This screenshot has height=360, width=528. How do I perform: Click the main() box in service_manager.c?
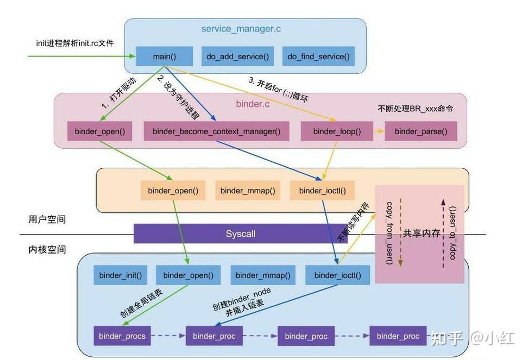164,56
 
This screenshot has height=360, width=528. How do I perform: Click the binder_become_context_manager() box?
216,131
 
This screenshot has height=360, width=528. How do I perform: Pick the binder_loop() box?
337,131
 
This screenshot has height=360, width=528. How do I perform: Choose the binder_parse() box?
420,131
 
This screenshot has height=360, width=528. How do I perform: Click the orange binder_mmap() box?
248,191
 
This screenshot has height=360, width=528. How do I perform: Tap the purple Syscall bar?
241,234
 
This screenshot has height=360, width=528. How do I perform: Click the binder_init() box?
121,275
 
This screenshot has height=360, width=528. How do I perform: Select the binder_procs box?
122,336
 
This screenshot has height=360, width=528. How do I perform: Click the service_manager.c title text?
244,28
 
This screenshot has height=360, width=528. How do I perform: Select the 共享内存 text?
421,233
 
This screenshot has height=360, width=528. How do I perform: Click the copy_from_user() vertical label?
389,233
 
